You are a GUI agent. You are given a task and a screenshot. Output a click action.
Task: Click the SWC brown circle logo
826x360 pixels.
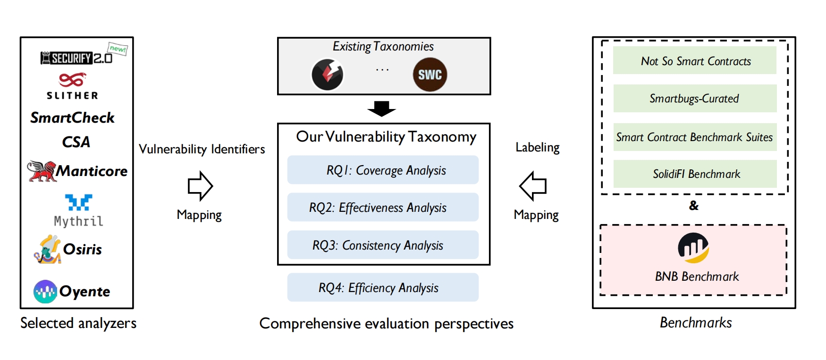[430, 75]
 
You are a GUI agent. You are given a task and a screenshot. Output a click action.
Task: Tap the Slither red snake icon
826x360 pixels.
[72, 80]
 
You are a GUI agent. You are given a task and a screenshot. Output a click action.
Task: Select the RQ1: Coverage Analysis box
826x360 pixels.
[383, 170]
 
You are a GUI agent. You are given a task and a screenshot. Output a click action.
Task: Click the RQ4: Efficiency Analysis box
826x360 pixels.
[383, 287]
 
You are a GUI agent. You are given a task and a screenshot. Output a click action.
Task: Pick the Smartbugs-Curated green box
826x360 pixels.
[695, 99]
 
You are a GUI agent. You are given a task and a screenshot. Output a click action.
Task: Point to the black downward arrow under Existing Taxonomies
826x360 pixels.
[381, 109]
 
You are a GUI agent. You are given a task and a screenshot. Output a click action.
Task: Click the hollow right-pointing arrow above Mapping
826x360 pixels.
[200, 186]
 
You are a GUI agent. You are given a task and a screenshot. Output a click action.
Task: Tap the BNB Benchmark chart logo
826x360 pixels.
[693, 248]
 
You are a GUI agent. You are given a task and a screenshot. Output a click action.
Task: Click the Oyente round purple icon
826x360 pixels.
[45, 292]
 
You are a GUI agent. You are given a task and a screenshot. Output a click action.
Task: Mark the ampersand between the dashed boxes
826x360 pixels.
[693, 206]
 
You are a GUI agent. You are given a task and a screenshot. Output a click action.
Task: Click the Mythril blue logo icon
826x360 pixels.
[78, 202]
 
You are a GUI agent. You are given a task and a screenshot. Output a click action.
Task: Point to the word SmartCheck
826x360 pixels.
[72, 117]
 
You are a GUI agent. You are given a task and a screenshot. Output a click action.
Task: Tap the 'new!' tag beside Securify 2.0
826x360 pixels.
[118, 49]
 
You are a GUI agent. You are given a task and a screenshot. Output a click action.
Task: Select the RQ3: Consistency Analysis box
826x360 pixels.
[383, 245]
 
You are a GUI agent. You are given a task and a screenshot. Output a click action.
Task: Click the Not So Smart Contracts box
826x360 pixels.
[695, 61]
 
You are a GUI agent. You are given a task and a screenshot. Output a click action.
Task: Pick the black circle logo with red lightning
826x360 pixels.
[327, 75]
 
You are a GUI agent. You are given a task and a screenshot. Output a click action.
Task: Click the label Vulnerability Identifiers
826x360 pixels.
[202, 149]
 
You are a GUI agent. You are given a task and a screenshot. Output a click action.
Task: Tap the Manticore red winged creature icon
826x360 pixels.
[42, 171]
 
